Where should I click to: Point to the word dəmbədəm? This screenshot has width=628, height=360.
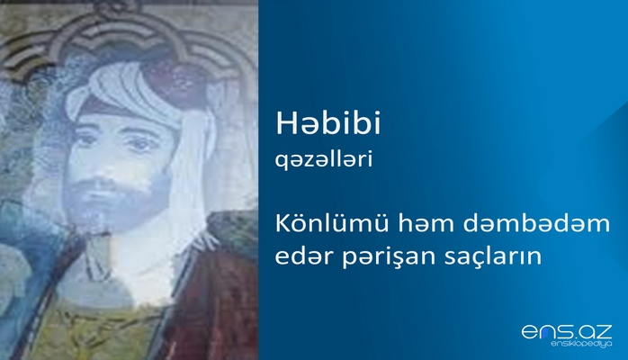tap(486, 223)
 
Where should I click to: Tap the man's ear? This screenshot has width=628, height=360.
tap(171, 153)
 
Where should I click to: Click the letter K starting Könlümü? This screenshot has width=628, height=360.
tap(282, 223)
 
